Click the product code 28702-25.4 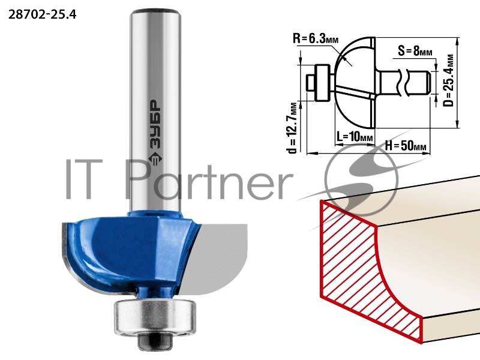pyautogui.click(x=42, y=14)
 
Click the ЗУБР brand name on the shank pyautogui.click(x=155, y=133)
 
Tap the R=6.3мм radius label pyautogui.click(x=316, y=39)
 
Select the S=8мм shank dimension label pyautogui.click(x=415, y=51)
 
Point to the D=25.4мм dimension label pyautogui.click(x=449, y=81)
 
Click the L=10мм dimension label pyautogui.click(x=355, y=137)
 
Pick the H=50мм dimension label pyautogui.click(x=406, y=146)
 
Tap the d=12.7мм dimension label pyautogui.click(x=293, y=128)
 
